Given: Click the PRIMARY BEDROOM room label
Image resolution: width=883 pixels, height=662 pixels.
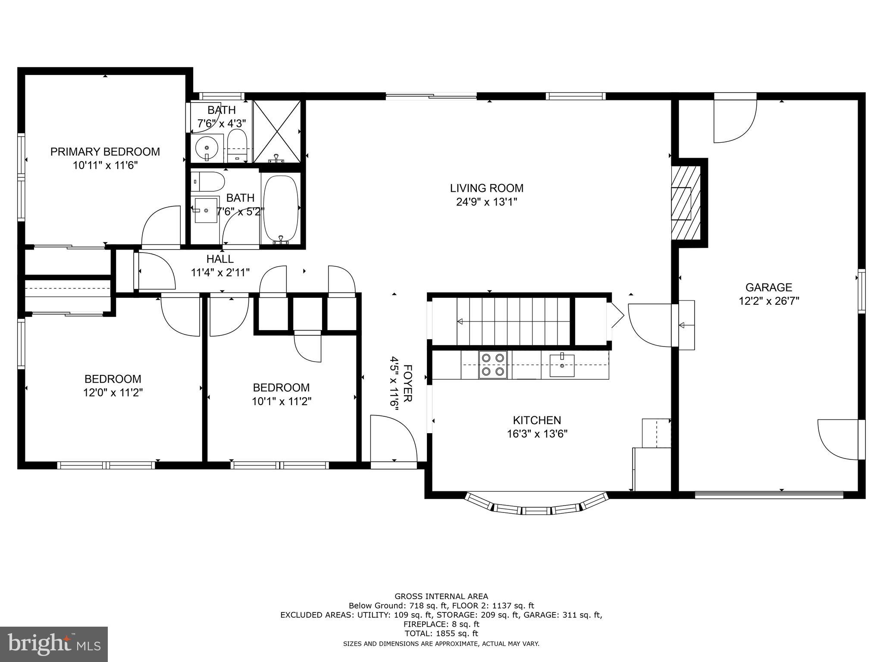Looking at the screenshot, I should coord(105,152).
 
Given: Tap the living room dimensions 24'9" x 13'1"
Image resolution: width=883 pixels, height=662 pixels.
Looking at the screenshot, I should coord(486,202).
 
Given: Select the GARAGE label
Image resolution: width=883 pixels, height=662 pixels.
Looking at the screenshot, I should coord(768,287).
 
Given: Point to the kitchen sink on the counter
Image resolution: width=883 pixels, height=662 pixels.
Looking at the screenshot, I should coord(562,365).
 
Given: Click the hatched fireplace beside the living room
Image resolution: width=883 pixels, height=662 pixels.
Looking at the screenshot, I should coord(686,203).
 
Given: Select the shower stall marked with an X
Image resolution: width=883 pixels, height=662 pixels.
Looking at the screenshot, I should coord(276,131).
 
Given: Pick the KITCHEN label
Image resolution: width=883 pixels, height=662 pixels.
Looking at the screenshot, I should coord(537,420).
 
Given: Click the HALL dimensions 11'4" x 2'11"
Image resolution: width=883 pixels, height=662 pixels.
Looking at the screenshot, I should coord(220,272).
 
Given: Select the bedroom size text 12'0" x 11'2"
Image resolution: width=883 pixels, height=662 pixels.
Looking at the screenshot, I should coord(113,393).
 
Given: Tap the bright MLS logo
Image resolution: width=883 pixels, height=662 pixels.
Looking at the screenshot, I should coord(54,644).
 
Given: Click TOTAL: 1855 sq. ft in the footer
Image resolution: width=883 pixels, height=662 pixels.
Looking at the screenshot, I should coord(441,634).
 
